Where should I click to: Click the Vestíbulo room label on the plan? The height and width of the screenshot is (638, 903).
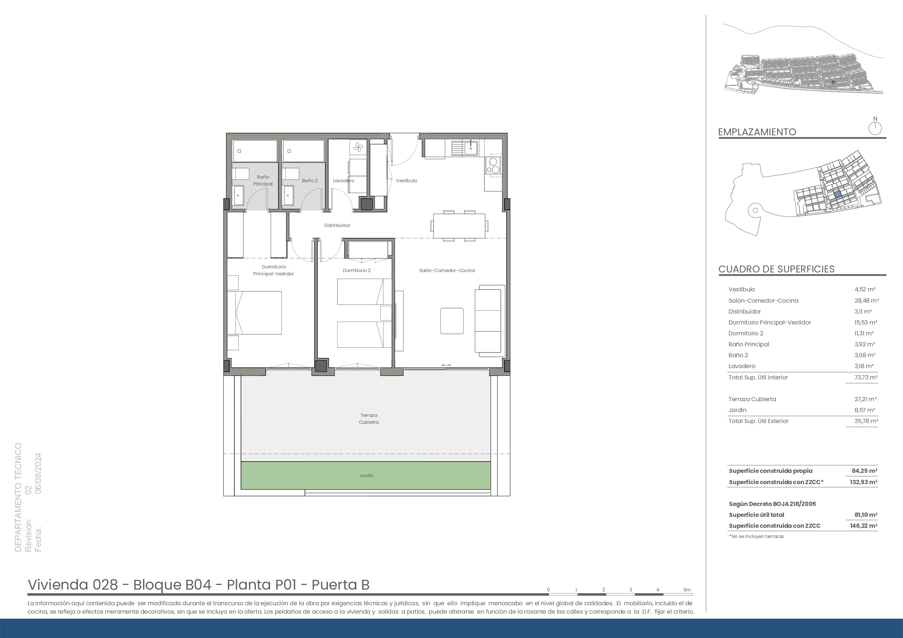(x=406, y=181)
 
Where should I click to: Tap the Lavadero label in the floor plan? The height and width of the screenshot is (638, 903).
(x=343, y=181)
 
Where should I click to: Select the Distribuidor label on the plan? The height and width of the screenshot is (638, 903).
(x=337, y=226)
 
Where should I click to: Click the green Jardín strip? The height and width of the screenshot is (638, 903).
(x=366, y=476)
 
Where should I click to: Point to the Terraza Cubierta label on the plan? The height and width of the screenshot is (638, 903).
(x=368, y=419)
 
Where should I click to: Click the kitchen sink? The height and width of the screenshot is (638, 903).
(x=464, y=148)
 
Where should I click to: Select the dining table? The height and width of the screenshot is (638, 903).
(x=459, y=226)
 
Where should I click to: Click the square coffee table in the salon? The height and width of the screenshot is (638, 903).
(x=452, y=321)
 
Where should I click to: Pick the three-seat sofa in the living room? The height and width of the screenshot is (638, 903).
(x=490, y=321)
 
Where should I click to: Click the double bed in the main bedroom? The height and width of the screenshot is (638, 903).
(x=254, y=313)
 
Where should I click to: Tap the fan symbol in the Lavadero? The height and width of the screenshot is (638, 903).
(x=358, y=148)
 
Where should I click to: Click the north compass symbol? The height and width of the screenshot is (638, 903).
(x=875, y=126)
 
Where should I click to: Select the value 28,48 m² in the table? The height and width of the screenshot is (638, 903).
(x=867, y=301)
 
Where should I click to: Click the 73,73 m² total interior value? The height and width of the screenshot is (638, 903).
(x=866, y=377)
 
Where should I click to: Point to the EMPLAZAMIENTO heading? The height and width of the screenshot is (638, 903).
(x=757, y=132)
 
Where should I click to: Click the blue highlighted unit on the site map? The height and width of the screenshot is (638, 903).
(x=838, y=194)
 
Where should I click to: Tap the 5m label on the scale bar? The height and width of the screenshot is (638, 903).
(x=687, y=590)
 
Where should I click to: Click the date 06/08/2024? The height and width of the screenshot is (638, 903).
(x=38, y=473)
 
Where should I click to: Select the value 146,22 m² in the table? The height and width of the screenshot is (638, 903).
(x=863, y=526)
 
